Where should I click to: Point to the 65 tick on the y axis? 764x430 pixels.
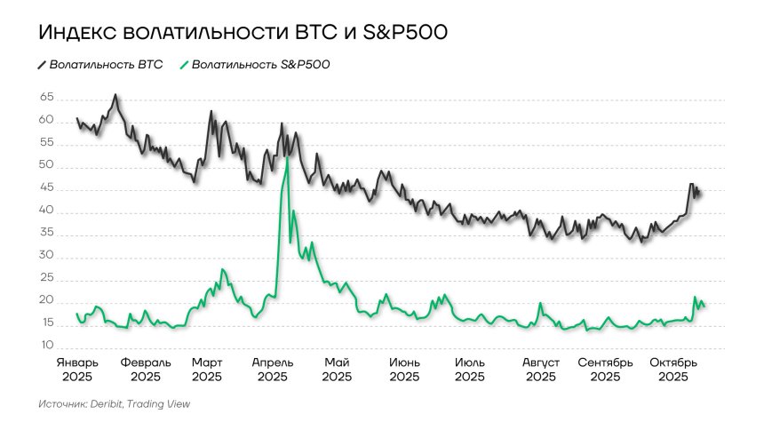pyautogui.click(x=46, y=98)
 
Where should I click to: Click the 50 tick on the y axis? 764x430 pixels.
pyautogui.click(x=46, y=166)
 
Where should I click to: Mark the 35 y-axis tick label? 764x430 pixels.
pyautogui.click(x=46, y=234)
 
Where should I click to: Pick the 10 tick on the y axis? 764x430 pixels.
pyautogui.click(x=46, y=346)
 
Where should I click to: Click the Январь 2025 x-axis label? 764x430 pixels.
pyautogui.click(x=77, y=370)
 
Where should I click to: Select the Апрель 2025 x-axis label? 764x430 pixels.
pyautogui.click(x=273, y=370)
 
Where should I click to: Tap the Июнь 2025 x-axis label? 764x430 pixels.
pyautogui.click(x=404, y=370)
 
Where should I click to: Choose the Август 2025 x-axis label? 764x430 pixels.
pyautogui.click(x=540, y=370)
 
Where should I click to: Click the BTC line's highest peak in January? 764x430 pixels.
pyautogui.click(x=115, y=95)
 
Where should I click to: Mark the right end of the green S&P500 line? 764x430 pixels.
pyautogui.click(x=704, y=307)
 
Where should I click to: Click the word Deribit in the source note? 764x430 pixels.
pyautogui.click(x=105, y=404)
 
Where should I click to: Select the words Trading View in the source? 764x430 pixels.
pyautogui.click(x=158, y=404)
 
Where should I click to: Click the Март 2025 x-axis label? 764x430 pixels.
pyautogui.click(x=206, y=370)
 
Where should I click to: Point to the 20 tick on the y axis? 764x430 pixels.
pyautogui.click(x=46, y=301)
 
